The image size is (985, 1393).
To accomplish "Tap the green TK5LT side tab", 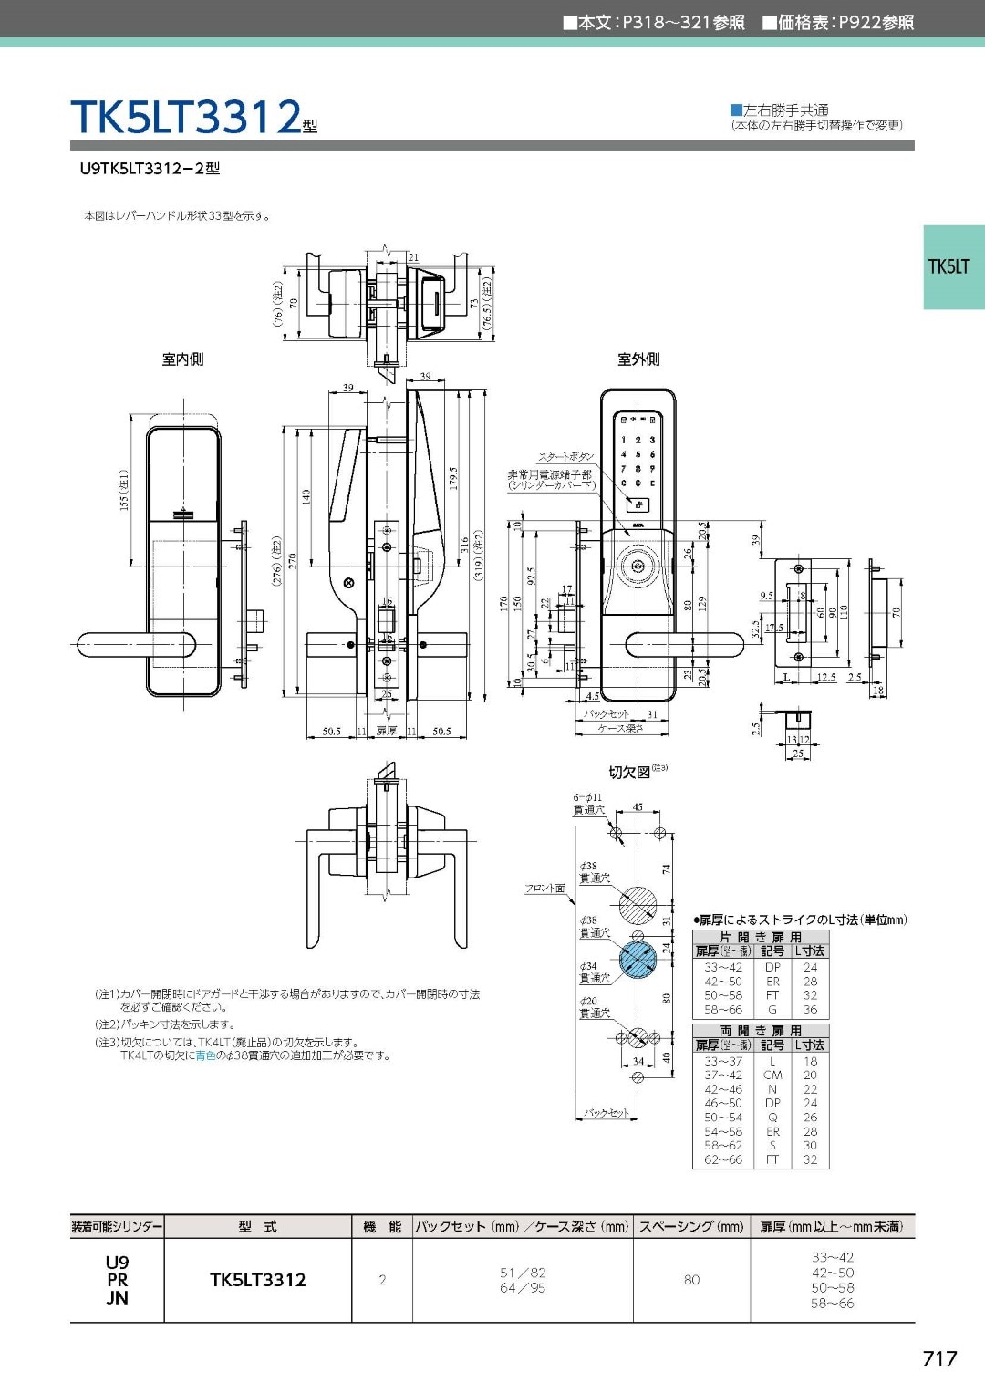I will (952, 266).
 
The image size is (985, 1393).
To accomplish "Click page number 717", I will (939, 1358).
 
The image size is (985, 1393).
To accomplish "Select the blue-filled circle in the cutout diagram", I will (638, 960).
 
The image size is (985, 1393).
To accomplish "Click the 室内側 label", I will (182, 359).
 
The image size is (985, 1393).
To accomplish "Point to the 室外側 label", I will (638, 359).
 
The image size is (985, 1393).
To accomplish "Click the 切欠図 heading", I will (630, 773).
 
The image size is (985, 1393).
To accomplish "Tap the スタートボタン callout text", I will (565, 456).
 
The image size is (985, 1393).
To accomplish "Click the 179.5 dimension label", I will (453, 478).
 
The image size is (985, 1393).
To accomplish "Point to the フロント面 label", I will (544, 888).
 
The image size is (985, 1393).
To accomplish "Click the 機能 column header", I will (381, 1227).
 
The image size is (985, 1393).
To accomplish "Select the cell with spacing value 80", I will (691, 1280).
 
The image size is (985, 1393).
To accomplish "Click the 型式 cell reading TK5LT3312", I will (258, 1280).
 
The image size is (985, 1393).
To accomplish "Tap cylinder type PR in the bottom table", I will (117, 1280).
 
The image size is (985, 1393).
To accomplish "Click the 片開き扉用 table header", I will (760, 937).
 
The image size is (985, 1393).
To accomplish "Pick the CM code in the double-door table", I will (772, 1076).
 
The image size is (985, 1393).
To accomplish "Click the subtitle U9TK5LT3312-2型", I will (150, 169).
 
